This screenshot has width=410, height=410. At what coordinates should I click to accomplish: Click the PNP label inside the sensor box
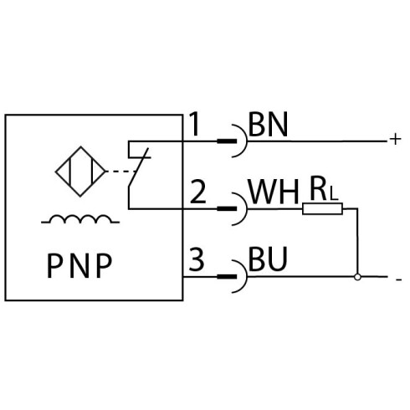[x=79, y=266]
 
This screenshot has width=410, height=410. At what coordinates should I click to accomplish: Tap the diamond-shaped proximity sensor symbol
[x=80, y=172]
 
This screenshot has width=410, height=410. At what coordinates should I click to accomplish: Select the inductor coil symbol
[x=80, y=219]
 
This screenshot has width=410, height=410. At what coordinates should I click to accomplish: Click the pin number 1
[x=195, y=124]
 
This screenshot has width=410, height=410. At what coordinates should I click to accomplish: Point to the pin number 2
[x=197, y=192]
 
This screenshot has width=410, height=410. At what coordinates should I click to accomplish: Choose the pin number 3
[x=197, y=259]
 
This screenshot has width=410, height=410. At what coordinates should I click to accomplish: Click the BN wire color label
[x=268, y=125]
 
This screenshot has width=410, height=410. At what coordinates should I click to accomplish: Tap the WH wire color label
[x=274, y=192]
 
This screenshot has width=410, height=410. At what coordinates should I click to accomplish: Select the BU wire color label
[x=268, y=259]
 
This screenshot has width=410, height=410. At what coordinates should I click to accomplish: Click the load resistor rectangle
[x=322, y=208]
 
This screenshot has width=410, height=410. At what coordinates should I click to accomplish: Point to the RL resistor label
[x=324, y=191]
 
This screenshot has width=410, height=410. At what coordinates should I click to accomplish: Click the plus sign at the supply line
[x=395, y=139]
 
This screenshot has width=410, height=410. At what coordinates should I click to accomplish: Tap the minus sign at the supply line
[x=399, y=279]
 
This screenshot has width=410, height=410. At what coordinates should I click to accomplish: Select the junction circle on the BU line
[x=357, y=277]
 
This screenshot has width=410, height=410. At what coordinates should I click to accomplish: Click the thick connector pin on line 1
[x=227, y=141]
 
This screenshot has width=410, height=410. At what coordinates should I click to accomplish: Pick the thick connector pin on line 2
[x=227, y=208]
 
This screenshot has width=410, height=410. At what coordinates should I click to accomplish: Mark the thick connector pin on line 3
[x=227, y=277]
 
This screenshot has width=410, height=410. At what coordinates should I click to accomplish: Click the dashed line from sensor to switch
[x=121, y=172]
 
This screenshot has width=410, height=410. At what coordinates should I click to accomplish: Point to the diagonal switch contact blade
[x=138, y=167]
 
